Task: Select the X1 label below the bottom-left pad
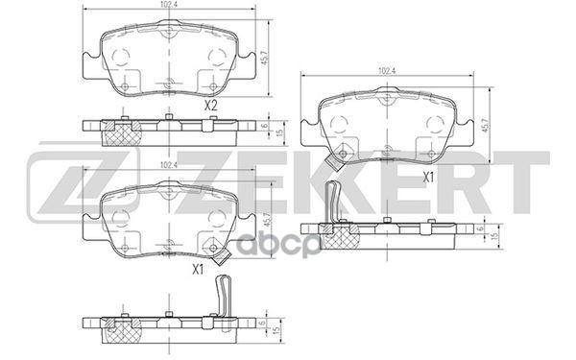point(200,269)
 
